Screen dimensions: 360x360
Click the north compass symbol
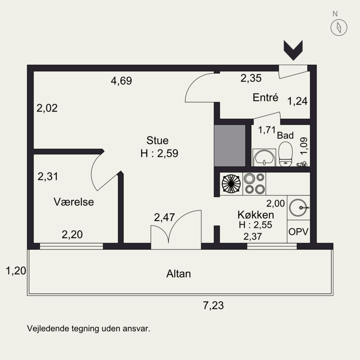click(339, 27)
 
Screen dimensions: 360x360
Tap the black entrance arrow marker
click(293, 50)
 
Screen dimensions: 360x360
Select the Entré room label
click(265, 98)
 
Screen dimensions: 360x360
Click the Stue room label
click(157, 140)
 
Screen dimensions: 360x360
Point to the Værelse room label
click(74, 202)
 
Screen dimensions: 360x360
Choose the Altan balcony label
click(178, 274)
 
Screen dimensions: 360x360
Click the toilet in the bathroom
click(285, 154)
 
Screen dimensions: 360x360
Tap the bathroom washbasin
click(264, 157)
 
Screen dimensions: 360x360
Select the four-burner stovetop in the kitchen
click(254, 184)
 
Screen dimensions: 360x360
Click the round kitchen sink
click(298, 207)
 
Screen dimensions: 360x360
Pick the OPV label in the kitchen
click(298, 232)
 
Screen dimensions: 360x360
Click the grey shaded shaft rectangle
click(229, 145)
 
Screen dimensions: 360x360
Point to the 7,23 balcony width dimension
click(213, 306)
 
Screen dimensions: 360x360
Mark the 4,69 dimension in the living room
click(121, 81)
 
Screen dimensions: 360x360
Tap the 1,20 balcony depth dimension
click(16, 271)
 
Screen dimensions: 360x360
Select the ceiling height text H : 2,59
click(159, 153)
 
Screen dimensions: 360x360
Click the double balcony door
click(176, 229)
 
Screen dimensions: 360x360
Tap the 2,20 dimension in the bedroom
click(72, 234)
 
